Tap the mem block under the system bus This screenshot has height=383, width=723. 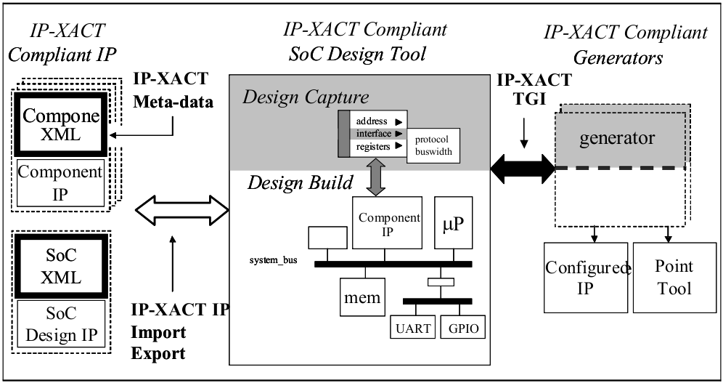(361, 297)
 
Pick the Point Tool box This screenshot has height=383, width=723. (674, 277)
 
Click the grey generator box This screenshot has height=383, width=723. (617, 138)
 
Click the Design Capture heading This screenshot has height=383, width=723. (306, 97)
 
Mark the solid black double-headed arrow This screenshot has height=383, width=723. (523, 169)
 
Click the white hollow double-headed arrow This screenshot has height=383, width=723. (182, 211)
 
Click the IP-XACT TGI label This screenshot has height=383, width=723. (534, 89)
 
